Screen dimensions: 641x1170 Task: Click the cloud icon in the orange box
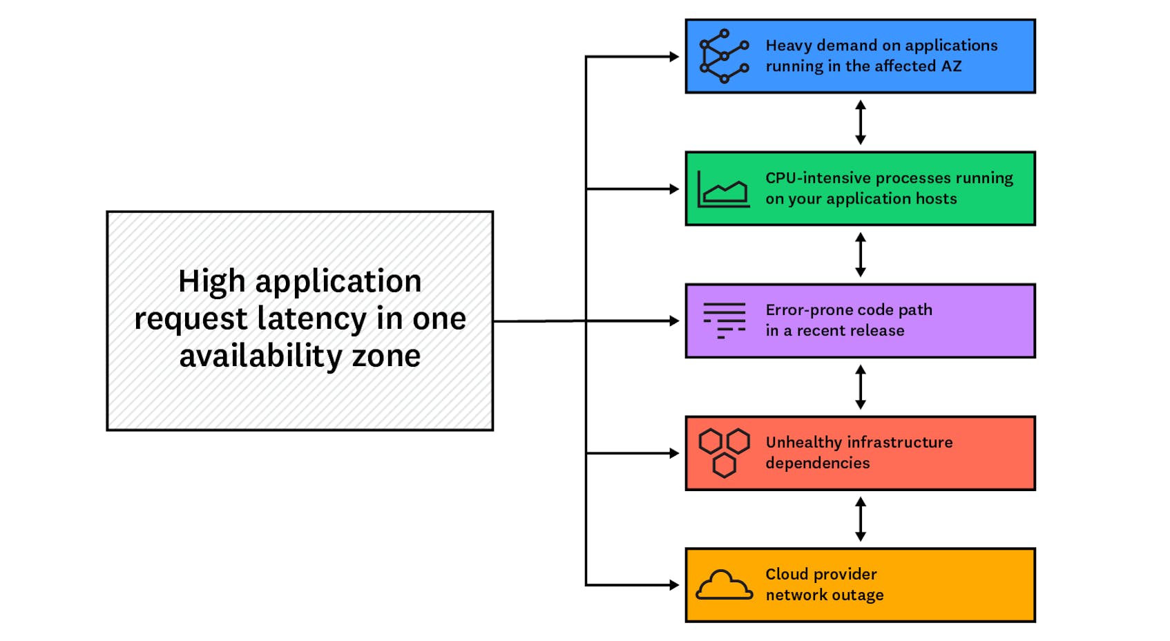[723, 585]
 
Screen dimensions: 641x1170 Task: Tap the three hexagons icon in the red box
[723, 452]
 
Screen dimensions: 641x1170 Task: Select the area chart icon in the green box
[722, 189]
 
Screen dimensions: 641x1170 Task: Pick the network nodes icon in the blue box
[723, 56]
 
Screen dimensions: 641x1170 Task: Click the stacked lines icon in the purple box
[724, 320]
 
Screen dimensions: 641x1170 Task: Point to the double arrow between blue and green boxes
[860, 122]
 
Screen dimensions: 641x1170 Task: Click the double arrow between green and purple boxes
[860, 255]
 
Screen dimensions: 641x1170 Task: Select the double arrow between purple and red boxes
[860, 387]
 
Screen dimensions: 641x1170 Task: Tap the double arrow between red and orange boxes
[860, 519]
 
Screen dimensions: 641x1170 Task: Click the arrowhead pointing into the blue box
[674, 57]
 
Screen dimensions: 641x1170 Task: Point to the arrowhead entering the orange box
[674, 585]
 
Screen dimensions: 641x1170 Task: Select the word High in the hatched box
[211, 281]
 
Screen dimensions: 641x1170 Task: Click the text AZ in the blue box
[951, 66]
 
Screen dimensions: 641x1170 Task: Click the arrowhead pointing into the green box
[674, 189]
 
